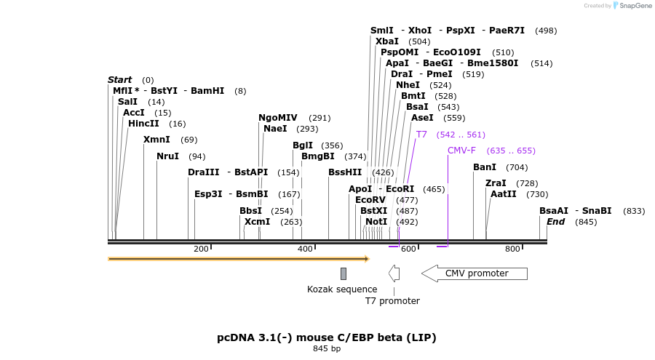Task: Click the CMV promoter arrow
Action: [x=475, y=273]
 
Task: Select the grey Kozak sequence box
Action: [x=344, y=273]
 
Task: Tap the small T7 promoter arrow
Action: [x=394, y=273]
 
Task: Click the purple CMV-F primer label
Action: [x=461, y=151]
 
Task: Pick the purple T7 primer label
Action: [x=421, y=135]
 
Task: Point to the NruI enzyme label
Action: [x=167, y=156]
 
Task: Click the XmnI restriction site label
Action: [x=156, y=140]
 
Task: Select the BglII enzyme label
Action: [x=303, y=145]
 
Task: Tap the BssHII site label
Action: [x=345, y=172]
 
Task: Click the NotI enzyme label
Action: [x=376, y=222]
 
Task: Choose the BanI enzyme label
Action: [x=485, y=167]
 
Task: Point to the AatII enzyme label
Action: [x=504, y=194]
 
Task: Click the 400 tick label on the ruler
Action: [x=305, y=249]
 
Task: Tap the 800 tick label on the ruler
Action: [x=512, y=249]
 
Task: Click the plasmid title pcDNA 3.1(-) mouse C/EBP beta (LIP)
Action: [x=327, y=337]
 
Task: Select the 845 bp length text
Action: [x=327, y=349]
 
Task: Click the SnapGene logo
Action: [x=632, y=6]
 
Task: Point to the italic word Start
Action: [x=119, y=80]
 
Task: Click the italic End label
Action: [x=555, y=222]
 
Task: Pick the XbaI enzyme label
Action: [x=387, y=41]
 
